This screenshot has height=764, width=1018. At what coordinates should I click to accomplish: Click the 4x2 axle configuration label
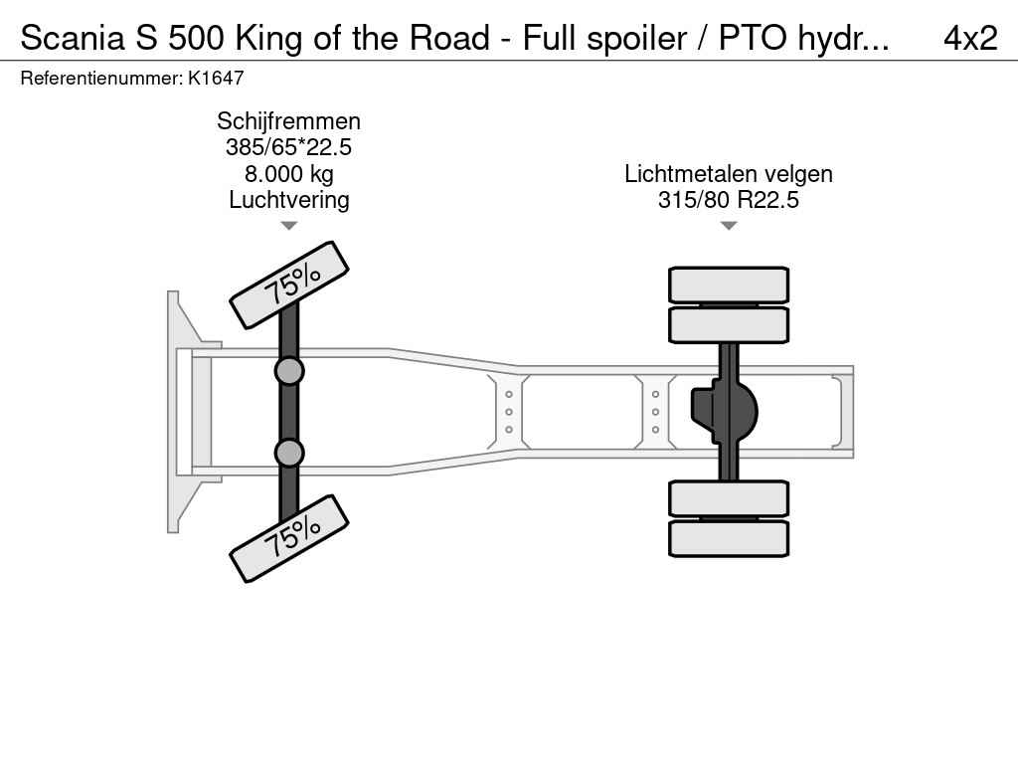pyautogui.click(x=969, y=38)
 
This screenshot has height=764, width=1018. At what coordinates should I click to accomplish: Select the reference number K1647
pyautogui.click(x=216, y=78)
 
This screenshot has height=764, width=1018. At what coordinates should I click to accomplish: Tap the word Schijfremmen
pyautogui.click(x=288, y=121)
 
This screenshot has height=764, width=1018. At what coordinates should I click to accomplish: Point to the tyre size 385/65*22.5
pyautogui.click(x=288, y=148)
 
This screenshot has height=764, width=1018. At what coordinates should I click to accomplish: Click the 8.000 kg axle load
pyautogui.click(x=288, y=174)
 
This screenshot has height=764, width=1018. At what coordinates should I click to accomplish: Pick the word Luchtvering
pyautogui.click(x=288, y=200)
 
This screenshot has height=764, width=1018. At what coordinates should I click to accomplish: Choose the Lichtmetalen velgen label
pyautogui.click(x=729, y=174)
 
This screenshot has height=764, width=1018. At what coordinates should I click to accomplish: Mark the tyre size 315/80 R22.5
pyautogui.click(x=729, y=200)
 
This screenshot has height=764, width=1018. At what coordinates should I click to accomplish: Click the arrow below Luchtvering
pyautogui.click(x=288, y=226)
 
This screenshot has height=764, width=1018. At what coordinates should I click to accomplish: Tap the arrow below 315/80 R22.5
pyautogui.click(x=729, y=226)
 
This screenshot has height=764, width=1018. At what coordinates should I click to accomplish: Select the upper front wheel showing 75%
pyautogui.click(x=289, y=285)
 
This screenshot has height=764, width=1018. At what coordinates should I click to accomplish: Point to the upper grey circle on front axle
pyautogui.click(x=289, y=371)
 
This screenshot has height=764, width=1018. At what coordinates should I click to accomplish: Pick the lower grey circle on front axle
pyautogui.click(x=289, y=453)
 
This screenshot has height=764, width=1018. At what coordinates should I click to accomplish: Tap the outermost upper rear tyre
pyautogui.click(x=729, y=285)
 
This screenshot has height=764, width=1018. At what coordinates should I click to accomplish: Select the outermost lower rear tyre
pyautogui.click(x=729, y=538)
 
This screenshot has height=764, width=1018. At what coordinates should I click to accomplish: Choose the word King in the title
pyautogui.click(x=268, y=38)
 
